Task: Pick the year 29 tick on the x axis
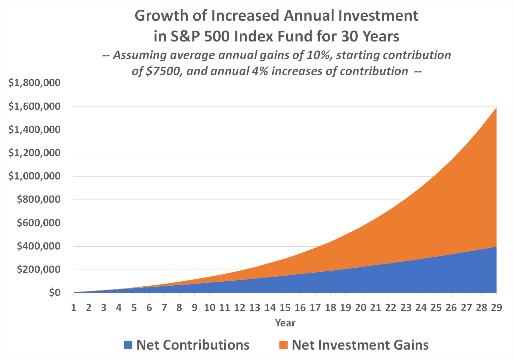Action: (496, 307)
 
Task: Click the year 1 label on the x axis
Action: (74, 307)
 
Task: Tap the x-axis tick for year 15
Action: (285, 307)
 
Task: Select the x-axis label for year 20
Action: (361, 307)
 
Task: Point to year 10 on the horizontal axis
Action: (210, 307)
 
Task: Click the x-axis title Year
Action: (285, 323)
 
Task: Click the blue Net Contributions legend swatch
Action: (128, 345)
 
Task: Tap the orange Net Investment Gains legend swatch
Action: (283, 345)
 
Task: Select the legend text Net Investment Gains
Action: (360, 345)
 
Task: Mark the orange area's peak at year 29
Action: (496, 108)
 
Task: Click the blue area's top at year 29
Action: (496, 247)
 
